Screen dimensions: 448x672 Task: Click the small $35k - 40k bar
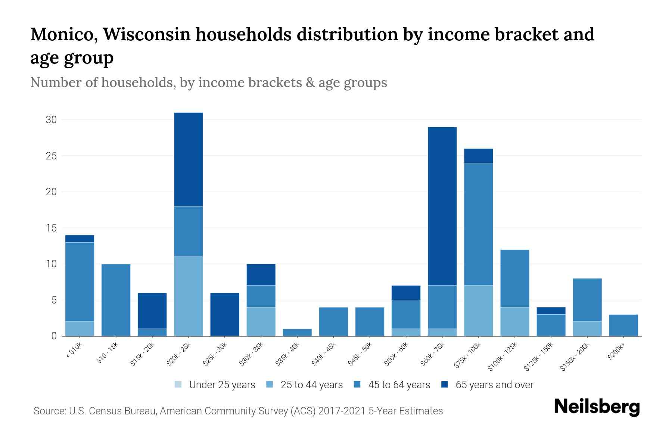tap(297, 332)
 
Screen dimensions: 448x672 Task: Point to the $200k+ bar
tap(623, 325)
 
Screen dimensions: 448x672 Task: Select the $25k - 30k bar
tap(225, 314)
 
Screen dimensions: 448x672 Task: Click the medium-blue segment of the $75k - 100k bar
tap(478, 224)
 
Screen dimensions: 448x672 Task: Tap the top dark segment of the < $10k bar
tap(80, 239)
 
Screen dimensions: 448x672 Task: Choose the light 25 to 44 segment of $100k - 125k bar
tap(514, 321)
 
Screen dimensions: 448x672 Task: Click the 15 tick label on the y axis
tap(51, 228)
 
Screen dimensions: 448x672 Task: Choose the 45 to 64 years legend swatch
tap(357, 385)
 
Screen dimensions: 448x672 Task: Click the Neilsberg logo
tap(597, 407)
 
